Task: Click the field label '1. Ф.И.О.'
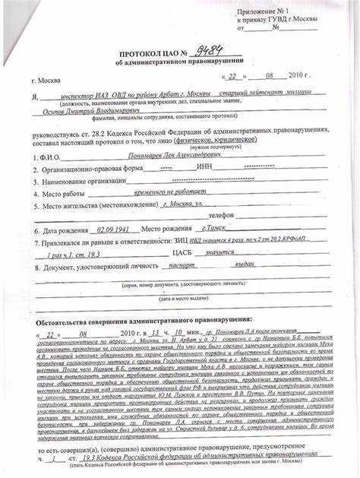coord(43,156)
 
